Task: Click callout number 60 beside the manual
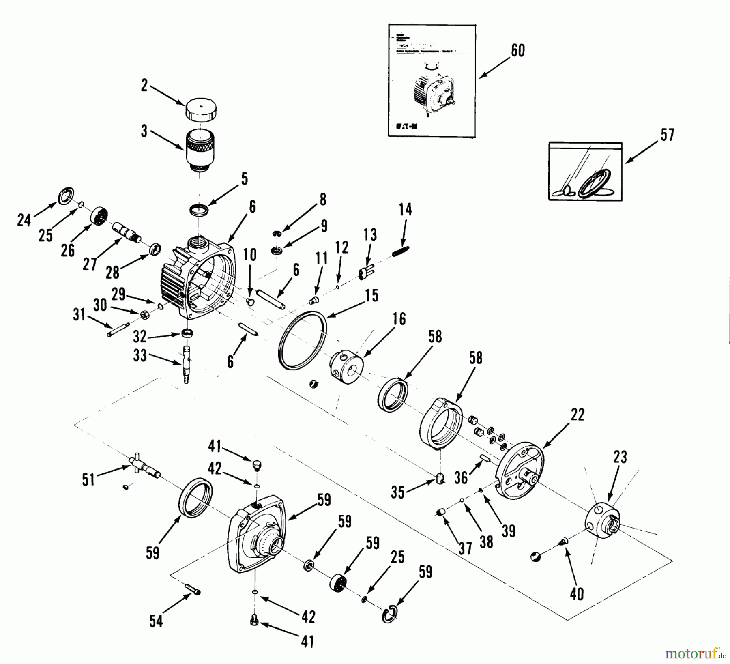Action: click(518, 51)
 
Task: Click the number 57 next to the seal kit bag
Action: click(667, 135)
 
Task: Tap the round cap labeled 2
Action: click(201, 109)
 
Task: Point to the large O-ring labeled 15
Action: click(303, 341)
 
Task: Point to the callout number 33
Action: click(140, 356)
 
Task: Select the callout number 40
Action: click(577, 594)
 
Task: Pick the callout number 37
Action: click(465, 548)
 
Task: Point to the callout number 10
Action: click(250, 255)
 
